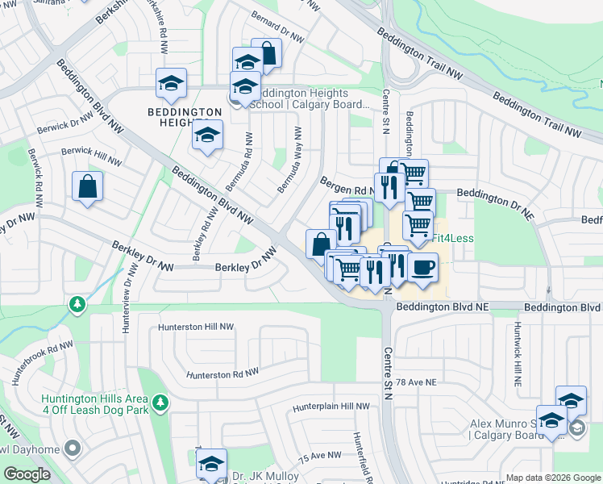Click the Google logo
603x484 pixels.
click(x=27, y=474)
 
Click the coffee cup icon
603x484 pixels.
click(x=422, y=267)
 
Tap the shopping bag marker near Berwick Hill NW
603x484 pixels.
click(x=87, y=187)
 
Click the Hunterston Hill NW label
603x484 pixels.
click(x=196, y=328)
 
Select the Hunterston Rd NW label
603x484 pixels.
click(x=222, y=373)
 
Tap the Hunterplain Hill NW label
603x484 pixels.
click(x=331, y=407)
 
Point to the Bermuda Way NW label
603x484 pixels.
click(x=289, y=160)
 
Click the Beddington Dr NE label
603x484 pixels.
click(x=495, y=194)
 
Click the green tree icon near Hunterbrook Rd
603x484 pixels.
click(x=77, y=304)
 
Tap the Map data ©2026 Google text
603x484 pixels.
click(x=552, y=478)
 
